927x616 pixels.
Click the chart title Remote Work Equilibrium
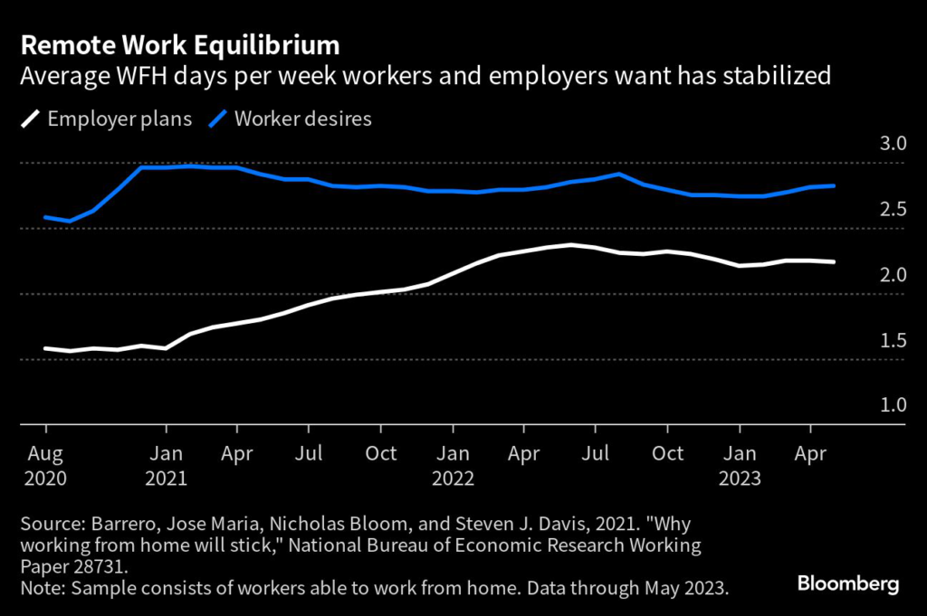click(181, 44)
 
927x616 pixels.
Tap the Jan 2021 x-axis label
click(166, 465)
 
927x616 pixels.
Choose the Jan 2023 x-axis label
click(740, 465)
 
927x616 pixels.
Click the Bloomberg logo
click(848, 584)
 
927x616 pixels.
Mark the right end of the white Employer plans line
click(834, 262)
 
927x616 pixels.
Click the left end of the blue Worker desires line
click(45, 217)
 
